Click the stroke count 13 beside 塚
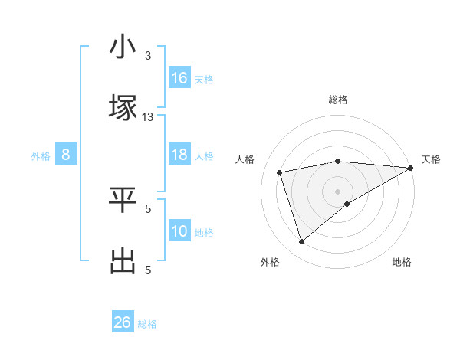148,116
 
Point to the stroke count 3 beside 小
148,56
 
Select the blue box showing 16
179,78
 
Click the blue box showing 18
179,155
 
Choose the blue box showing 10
179,231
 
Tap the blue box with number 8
66,155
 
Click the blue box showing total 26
122,322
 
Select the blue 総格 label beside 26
147,324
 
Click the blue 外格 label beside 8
41,156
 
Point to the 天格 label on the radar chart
431,159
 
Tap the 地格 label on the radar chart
402,262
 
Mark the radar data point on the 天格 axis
412,168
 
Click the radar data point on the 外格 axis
301,242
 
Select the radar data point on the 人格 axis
280,172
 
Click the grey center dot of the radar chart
338,191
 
